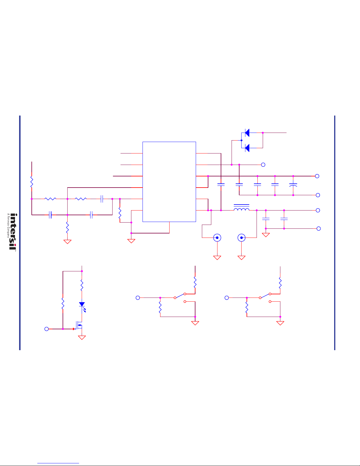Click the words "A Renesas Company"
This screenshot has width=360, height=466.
click(8, 226)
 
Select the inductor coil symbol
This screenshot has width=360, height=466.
click(242, 208)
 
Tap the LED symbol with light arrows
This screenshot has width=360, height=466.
click(82, 306)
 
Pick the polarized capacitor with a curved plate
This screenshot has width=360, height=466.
click(293, 185)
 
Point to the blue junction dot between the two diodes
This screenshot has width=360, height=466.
click(242, 141)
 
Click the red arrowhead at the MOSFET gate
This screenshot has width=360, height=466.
click(74, 329)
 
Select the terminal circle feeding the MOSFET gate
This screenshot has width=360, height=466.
click(46, 329)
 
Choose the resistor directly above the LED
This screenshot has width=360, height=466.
click(82, 285)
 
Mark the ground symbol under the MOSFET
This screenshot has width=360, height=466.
click(82, 338)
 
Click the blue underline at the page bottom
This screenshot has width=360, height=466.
click(58, 463)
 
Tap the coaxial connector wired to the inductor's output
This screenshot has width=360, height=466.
click(242, 238)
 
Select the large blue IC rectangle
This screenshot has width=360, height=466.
click(169, 182)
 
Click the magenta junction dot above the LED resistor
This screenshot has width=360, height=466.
click(82, 271)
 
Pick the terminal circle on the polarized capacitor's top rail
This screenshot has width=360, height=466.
click(317, 176)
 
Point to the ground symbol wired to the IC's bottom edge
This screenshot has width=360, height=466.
click(131, 241)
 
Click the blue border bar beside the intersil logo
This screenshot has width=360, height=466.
click(20, 233)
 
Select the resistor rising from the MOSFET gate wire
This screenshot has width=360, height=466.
click(63, 303)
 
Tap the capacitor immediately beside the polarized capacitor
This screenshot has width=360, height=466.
click(275, 184)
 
